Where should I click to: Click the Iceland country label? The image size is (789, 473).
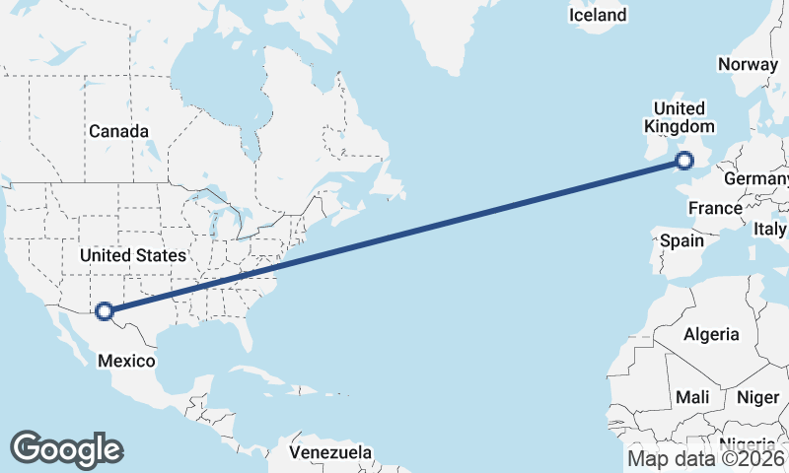pyautogui.click(x=598, y=15)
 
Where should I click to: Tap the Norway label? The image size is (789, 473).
pyautogui.click(x=748, y=64)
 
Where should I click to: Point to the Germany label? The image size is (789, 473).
pyautogui.click(x=756, y=179)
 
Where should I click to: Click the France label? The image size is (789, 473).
pyautogui.click(x=715, y=208)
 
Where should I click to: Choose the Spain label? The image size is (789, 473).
pyautogui.click(x=681, y=240)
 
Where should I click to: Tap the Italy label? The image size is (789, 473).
pyautogui.click(x=770, y=229)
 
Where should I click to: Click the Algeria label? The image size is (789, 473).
pyautogui.click(x=711, y=334)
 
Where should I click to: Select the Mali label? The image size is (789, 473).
pyautogui.click(x=692, y=397)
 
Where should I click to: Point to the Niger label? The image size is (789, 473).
pyautogui.click(x=757, y=397)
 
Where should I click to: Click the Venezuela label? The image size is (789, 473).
pyautogui.click(x=331, y=452)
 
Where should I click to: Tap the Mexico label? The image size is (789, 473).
pyautogui.click(x=126, y=361)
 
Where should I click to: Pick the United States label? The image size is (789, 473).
pyautogui.click(x=132, y=255)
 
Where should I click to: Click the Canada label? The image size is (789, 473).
pyautogui.click(x=118, y=131)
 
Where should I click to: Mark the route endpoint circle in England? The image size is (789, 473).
pyautogui.click(x=686, y=161)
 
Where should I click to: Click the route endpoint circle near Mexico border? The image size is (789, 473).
pyautogui.click(x=105, y=312)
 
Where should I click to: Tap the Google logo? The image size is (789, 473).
pyautogui.click(x=66, y=449)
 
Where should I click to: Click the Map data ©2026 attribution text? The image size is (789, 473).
pyautogui.click(x=706, y=458)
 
